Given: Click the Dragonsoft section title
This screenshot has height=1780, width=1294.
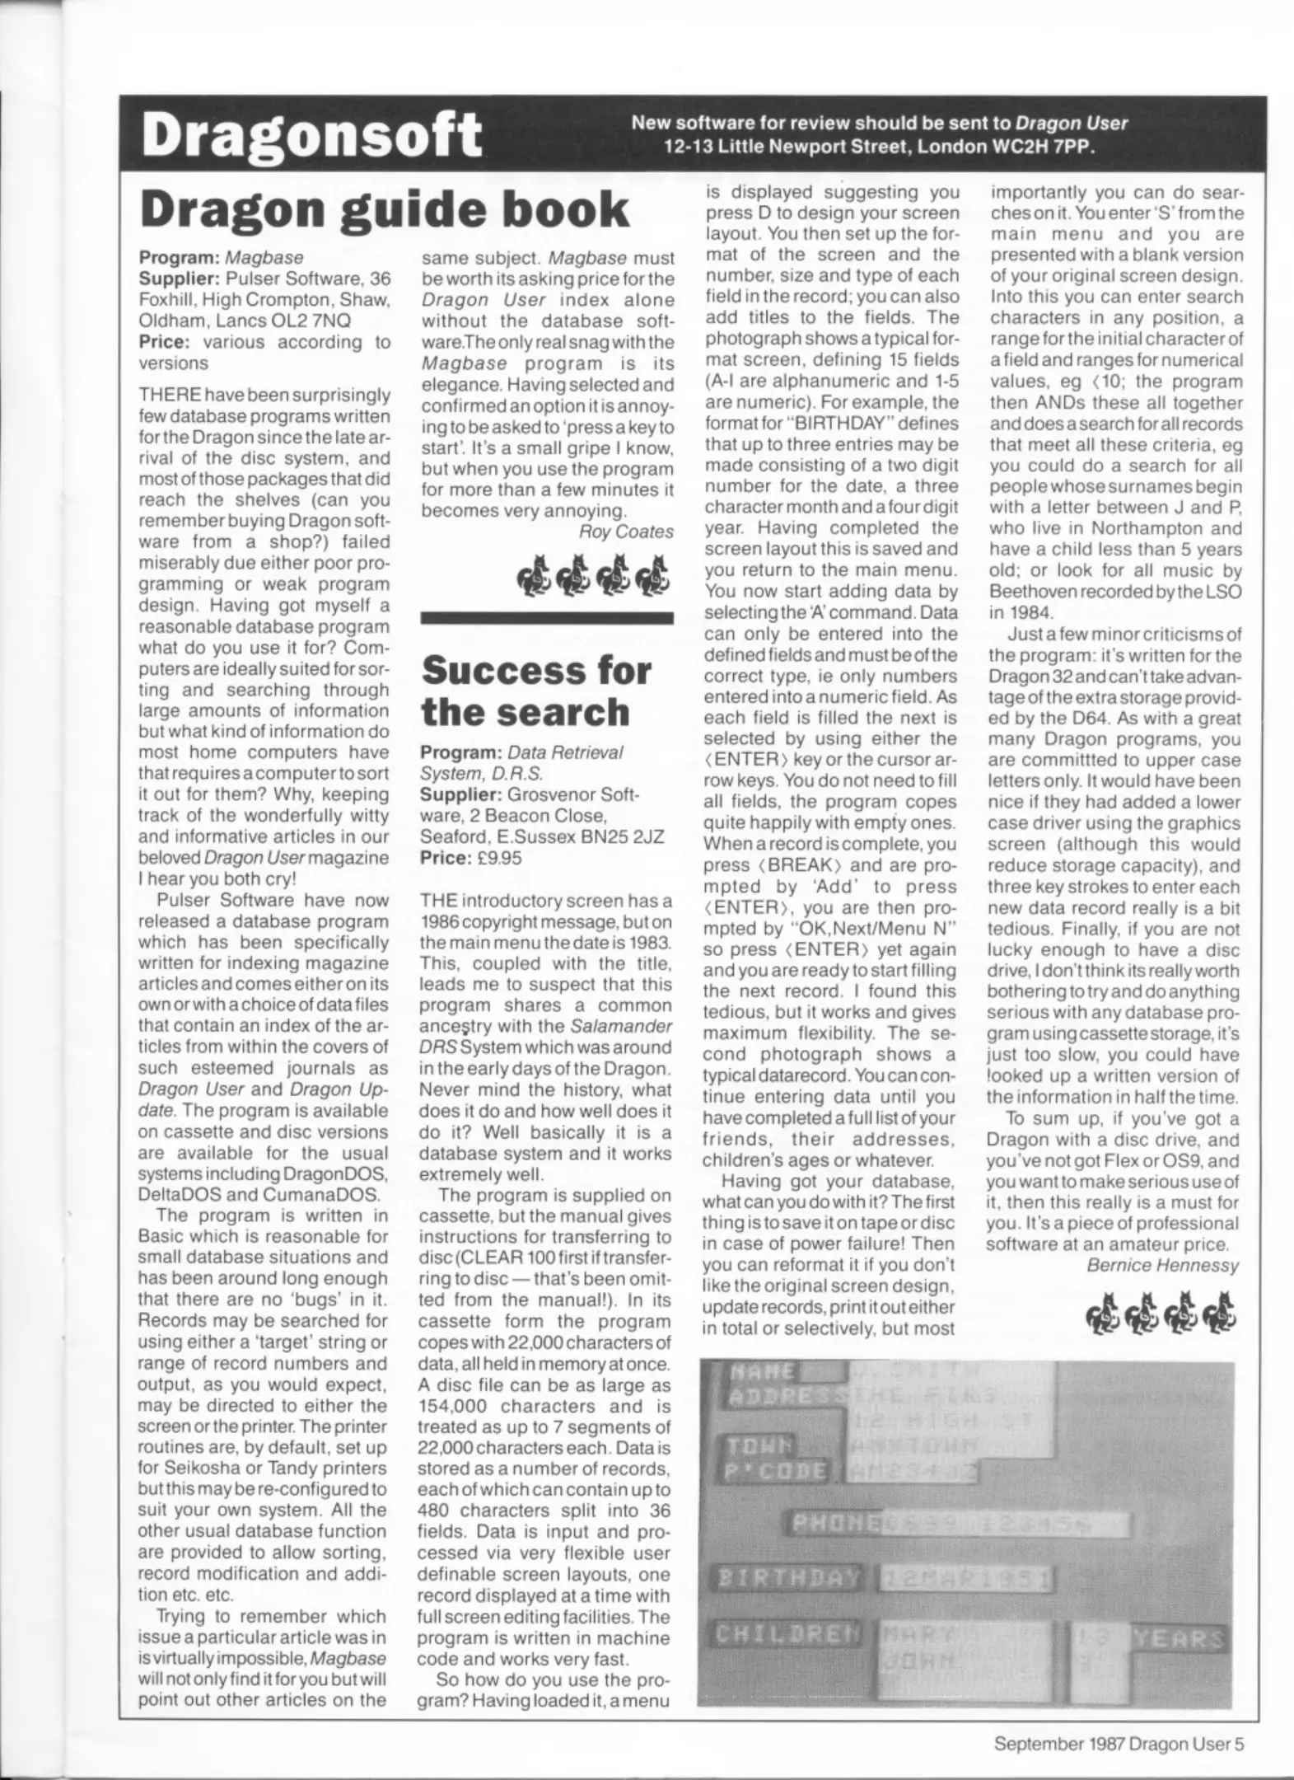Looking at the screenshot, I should [x=311, y=135].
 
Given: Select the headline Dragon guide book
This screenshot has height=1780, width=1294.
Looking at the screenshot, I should [x=385, y=210].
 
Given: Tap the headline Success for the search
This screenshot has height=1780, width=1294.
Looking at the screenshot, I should [x=535, y=691].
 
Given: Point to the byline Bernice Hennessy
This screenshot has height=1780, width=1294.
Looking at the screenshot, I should [x=1162, y=1265].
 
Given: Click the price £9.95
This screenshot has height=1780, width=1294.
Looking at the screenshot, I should [x=500, y=857].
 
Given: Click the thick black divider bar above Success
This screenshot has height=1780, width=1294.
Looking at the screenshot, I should [x=546, y=617].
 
